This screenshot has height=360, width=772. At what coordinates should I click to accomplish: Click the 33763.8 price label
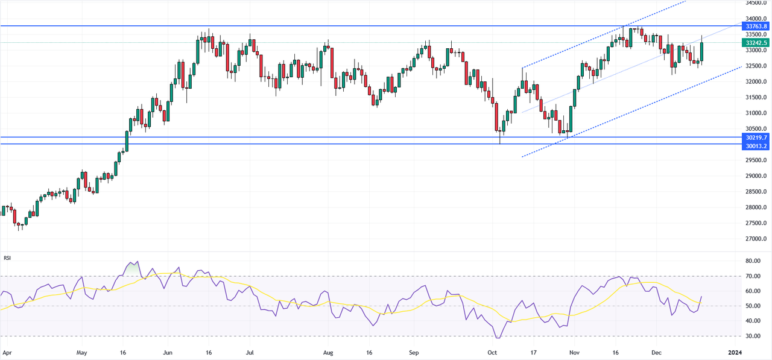point(756,27)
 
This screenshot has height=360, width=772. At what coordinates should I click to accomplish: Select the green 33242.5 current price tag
point(756,43)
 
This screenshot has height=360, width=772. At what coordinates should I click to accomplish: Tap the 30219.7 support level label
point(756,137)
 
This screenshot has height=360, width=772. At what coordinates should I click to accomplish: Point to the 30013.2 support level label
point(756,146)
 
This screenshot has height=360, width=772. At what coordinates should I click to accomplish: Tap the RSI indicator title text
point(7,258)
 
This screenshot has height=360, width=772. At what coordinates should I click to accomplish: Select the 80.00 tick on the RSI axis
point(751,261)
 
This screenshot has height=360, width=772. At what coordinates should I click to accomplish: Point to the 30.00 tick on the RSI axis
point(751,336)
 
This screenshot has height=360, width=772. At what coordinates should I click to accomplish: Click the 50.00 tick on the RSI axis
point(751,306)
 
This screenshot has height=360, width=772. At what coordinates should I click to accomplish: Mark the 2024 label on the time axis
point(735,350)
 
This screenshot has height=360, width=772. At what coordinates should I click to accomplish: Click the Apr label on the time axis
point(7,350)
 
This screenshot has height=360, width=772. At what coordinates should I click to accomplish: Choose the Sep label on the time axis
point(413,350)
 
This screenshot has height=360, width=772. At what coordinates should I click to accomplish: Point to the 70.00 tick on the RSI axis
point(751,276)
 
